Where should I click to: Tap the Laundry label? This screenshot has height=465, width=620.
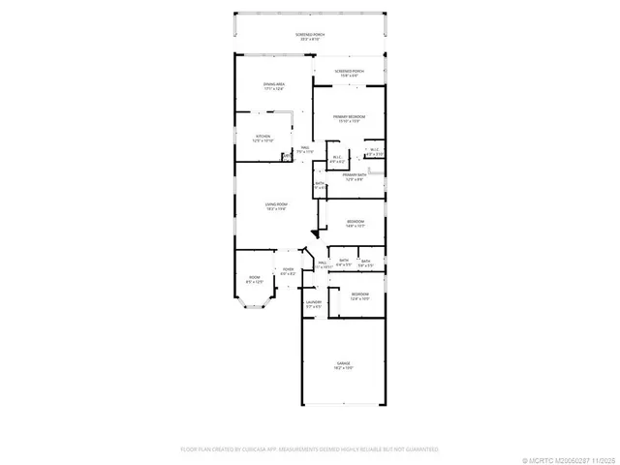(313, 302)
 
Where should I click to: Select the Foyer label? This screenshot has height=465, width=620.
(288, 270)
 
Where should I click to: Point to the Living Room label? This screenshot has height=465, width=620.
(277, 204)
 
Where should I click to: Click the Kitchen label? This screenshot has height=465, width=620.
(263, 137)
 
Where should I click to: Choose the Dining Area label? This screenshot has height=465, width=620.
(274, 84)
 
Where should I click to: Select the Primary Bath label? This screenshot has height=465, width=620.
(354, 174)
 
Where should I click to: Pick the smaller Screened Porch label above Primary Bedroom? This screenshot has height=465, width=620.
(349, 71)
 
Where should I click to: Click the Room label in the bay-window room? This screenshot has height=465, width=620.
(254, 278)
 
